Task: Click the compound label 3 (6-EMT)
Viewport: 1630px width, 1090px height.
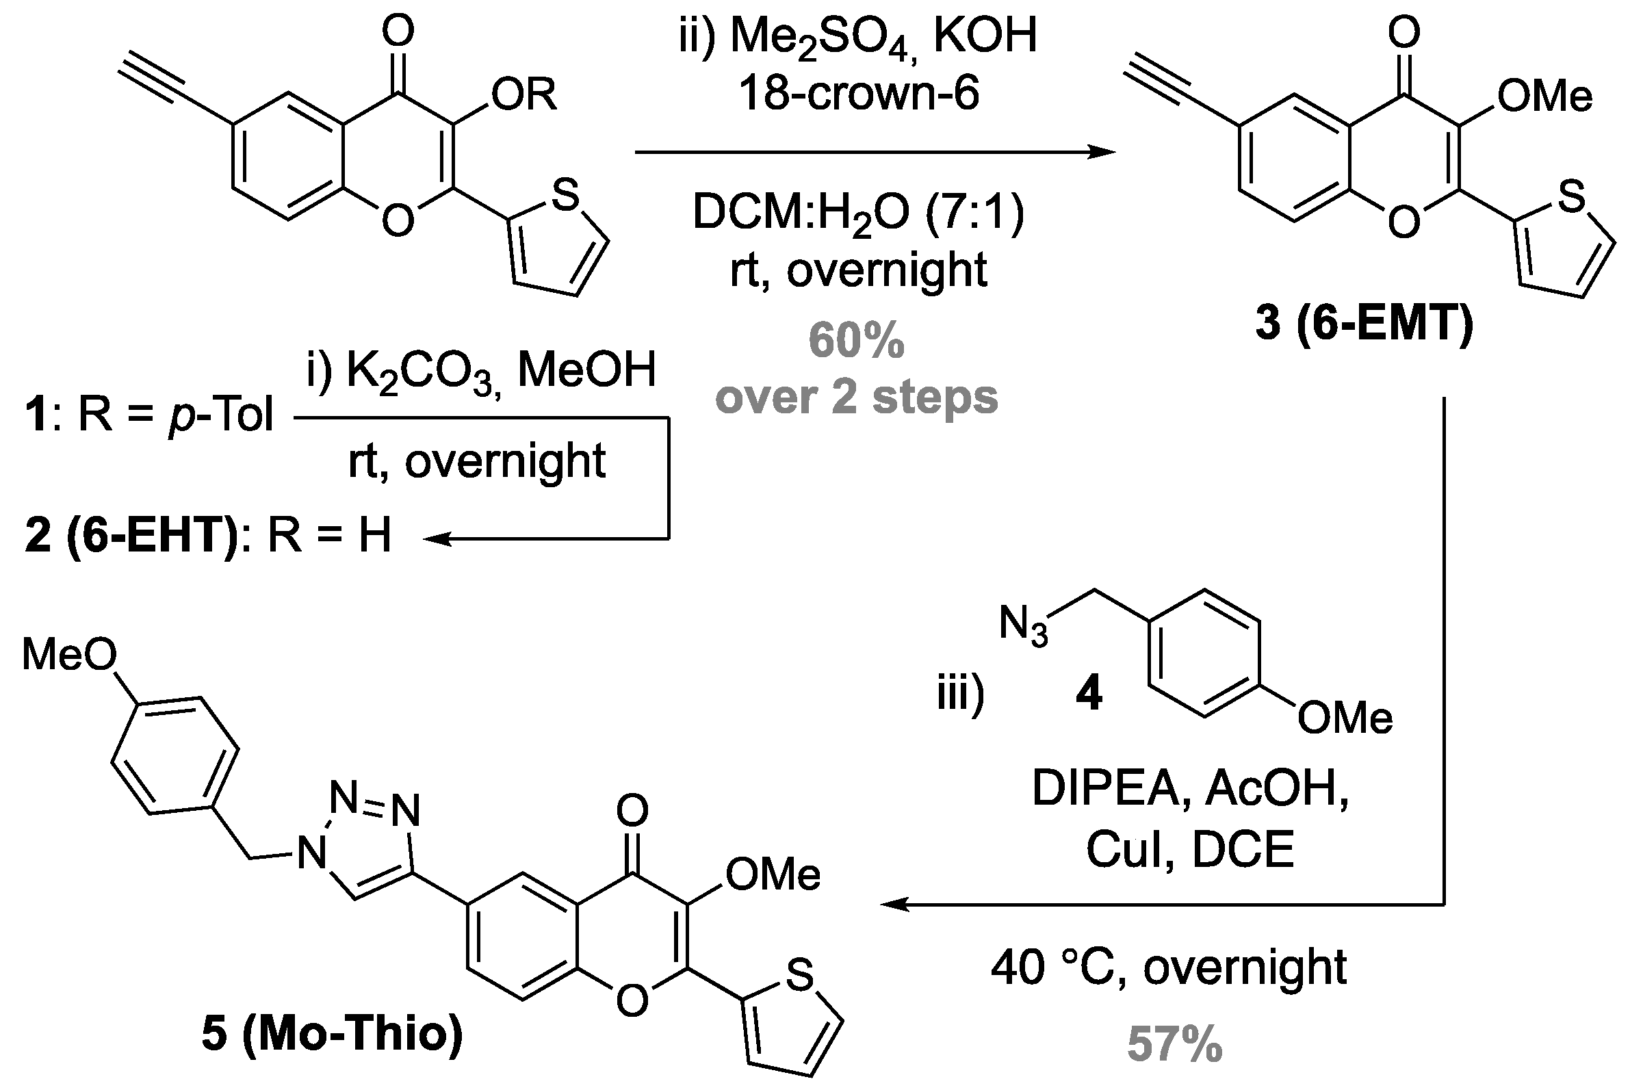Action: (1364, 323)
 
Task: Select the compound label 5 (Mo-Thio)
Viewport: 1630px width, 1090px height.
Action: (333, 1033)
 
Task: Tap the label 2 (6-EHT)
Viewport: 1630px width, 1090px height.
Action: (131, 535)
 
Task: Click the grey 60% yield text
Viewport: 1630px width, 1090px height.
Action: (856, 341)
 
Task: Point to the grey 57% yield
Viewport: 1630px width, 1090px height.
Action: (1175, 1043)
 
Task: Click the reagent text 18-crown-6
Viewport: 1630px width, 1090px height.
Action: (859, 94)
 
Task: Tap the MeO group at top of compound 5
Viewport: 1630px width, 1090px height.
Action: (70, 654)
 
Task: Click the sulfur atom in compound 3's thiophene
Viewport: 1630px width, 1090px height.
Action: (1572, 197)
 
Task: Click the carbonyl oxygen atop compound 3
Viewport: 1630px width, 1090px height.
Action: (1403, 31)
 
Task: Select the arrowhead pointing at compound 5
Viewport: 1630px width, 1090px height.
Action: (894, 905)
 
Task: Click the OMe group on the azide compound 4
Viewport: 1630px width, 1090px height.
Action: (1345, 718)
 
